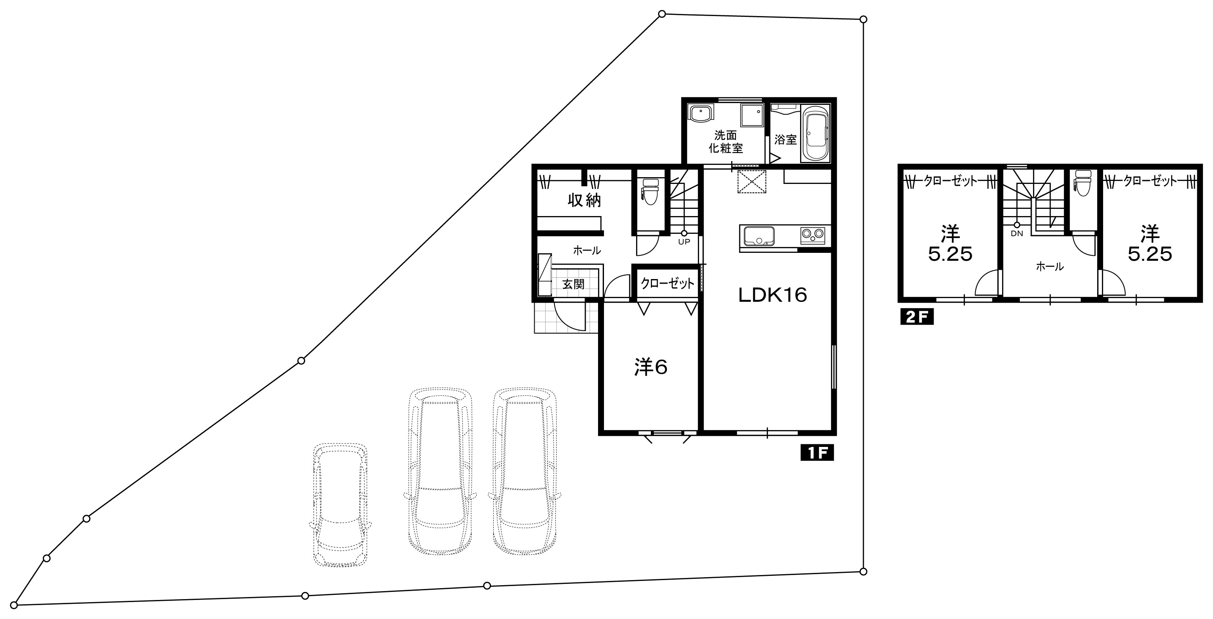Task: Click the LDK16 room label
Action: point(772,296)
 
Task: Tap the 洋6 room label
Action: point(651,367)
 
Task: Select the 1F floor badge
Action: point(817,453)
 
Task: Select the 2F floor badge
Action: point(917,317)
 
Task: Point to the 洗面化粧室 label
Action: point(726,142)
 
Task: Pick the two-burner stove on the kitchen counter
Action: point(813,234)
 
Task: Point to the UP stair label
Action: point(684,242)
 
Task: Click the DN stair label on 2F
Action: point(1016,233)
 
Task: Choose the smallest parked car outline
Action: point(340,504)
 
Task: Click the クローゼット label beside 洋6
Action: point(668,283)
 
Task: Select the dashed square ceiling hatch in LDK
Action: point(751,181)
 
